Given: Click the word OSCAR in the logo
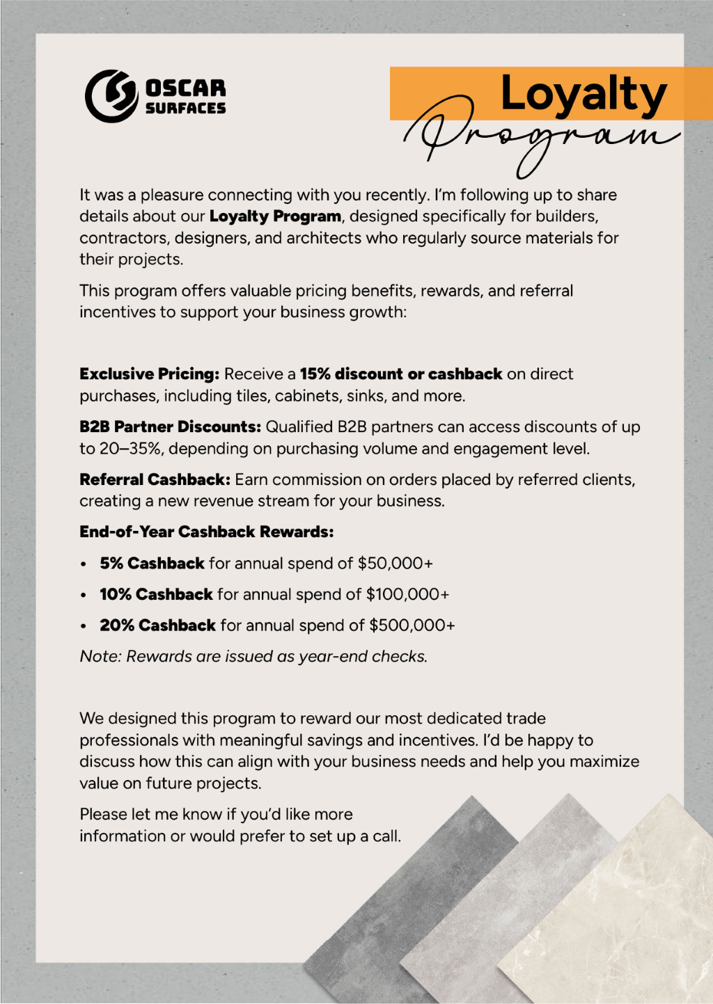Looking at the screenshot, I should click(x=185, y=88).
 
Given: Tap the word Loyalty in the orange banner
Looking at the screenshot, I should click(x=583, y=94).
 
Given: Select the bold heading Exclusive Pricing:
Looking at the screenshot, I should click(x=149, y=374).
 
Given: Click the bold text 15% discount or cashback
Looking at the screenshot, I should click(x=400, y=374).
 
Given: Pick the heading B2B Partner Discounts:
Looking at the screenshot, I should click(x=170, y=427).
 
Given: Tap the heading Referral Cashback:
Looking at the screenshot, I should click(x=155, y=479).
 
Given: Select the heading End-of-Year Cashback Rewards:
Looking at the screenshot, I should click(x=206, y=532).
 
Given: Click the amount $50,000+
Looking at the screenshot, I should click(x=395, y=563).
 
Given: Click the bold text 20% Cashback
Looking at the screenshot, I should click(x=157, y=625).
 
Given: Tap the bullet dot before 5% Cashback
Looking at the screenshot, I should click(x=84, y=564).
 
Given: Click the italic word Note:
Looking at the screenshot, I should click(x=100, y=656).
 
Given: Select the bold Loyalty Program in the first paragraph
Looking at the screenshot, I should click(x=275, y=216).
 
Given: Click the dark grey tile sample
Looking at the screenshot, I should click(x=411, y=898).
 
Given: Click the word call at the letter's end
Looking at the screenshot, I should click(x=386, y=836).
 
